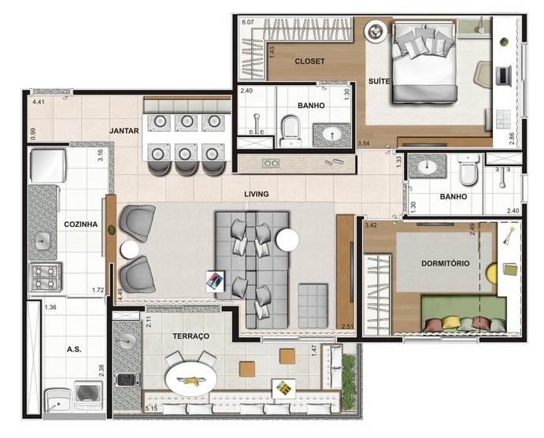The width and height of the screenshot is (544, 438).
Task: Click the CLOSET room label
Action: (309, 61)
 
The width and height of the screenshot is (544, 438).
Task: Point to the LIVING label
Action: (257, 194)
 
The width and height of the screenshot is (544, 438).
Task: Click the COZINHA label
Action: (80, 225)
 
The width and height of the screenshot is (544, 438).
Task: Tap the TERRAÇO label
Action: (191, 336)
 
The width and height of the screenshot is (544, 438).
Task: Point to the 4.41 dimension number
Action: (39, 102)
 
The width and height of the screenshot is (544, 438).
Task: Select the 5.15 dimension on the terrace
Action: (151, 408)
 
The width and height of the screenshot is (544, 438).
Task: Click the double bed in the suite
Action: (425, 63)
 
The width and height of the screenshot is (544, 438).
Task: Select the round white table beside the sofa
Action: (287, 239)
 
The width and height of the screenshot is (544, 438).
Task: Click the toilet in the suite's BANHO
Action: (290, 128)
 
